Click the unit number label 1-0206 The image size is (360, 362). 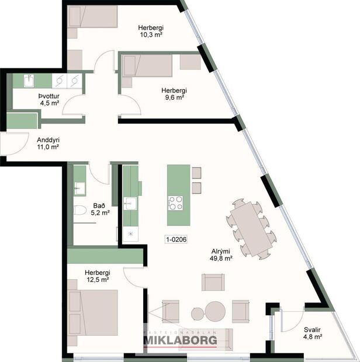(x=176, y=239)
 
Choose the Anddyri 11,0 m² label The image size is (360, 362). (x=48, y=143)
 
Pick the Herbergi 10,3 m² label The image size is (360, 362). (x=150, y=31)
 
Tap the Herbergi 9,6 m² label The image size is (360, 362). (x=174, y=94)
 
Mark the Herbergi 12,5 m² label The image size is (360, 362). (x=97, y=276)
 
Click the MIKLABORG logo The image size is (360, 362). (x=180, y=339)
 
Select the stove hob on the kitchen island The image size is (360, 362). (x=176, y=203)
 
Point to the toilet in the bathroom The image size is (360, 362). (x=79, y=211)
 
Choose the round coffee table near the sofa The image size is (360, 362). (x=214, y=311)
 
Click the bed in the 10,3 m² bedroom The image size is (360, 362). (x=92, y=17)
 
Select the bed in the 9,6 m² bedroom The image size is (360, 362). (x=146, y=65)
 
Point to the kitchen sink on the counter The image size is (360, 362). (x=130, y=203)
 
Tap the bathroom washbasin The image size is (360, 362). (x=79, y=187)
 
